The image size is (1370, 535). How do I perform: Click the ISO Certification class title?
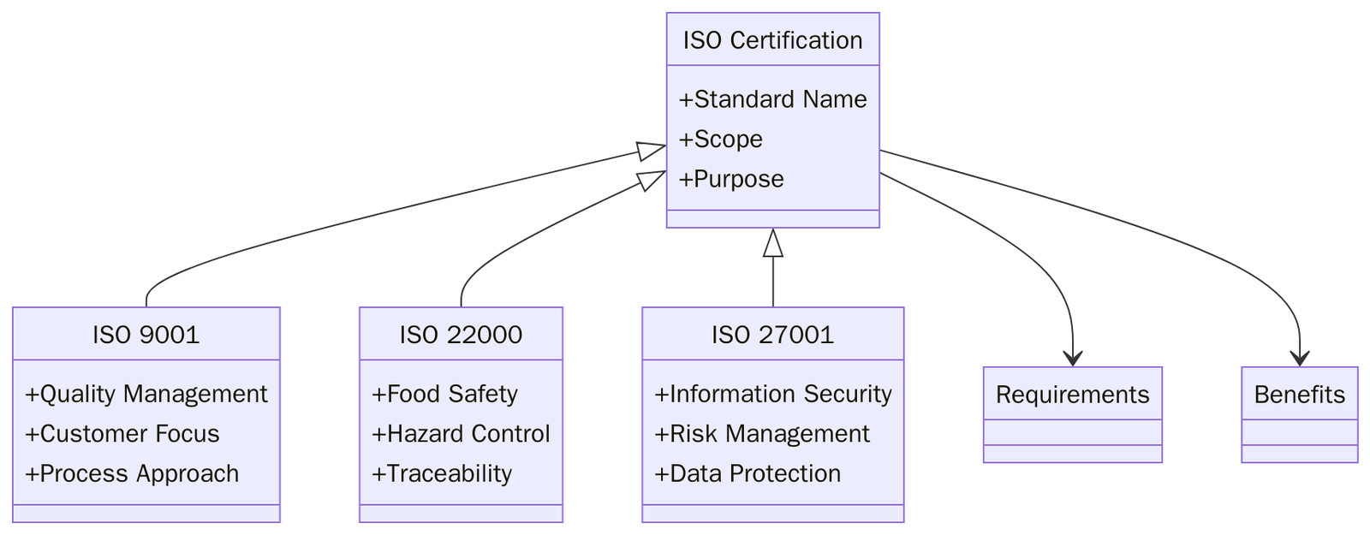(x=772, y=40)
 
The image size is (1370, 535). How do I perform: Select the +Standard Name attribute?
(x=772, y=99)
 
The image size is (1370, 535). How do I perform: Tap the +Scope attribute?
(x=720, y=139)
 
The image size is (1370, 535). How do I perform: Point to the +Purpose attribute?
(x=731, y=179)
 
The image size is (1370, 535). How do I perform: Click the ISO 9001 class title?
(x=146, y=335)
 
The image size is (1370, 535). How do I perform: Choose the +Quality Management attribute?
(x=146, y=394)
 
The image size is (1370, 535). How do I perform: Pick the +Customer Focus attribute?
(x=122, y=434)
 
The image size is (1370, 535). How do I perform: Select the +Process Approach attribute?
(x=132, y=473)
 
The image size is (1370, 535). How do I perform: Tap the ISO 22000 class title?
(x=461, y=335)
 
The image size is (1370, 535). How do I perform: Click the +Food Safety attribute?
(x=444, y=394)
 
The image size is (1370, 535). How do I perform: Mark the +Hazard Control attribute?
(x=461, y=434)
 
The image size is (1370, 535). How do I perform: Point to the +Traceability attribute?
(x=442, y=473)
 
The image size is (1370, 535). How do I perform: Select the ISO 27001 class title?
(x=772, y=335)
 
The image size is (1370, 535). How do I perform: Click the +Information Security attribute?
(x=772, y=394)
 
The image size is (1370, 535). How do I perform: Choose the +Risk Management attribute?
(x=762, y=434)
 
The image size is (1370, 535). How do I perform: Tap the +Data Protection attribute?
(x=748, y=473)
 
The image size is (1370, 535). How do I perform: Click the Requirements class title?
(x=1072, y=395)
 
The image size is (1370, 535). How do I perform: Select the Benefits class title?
(x=1299, y=395)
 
